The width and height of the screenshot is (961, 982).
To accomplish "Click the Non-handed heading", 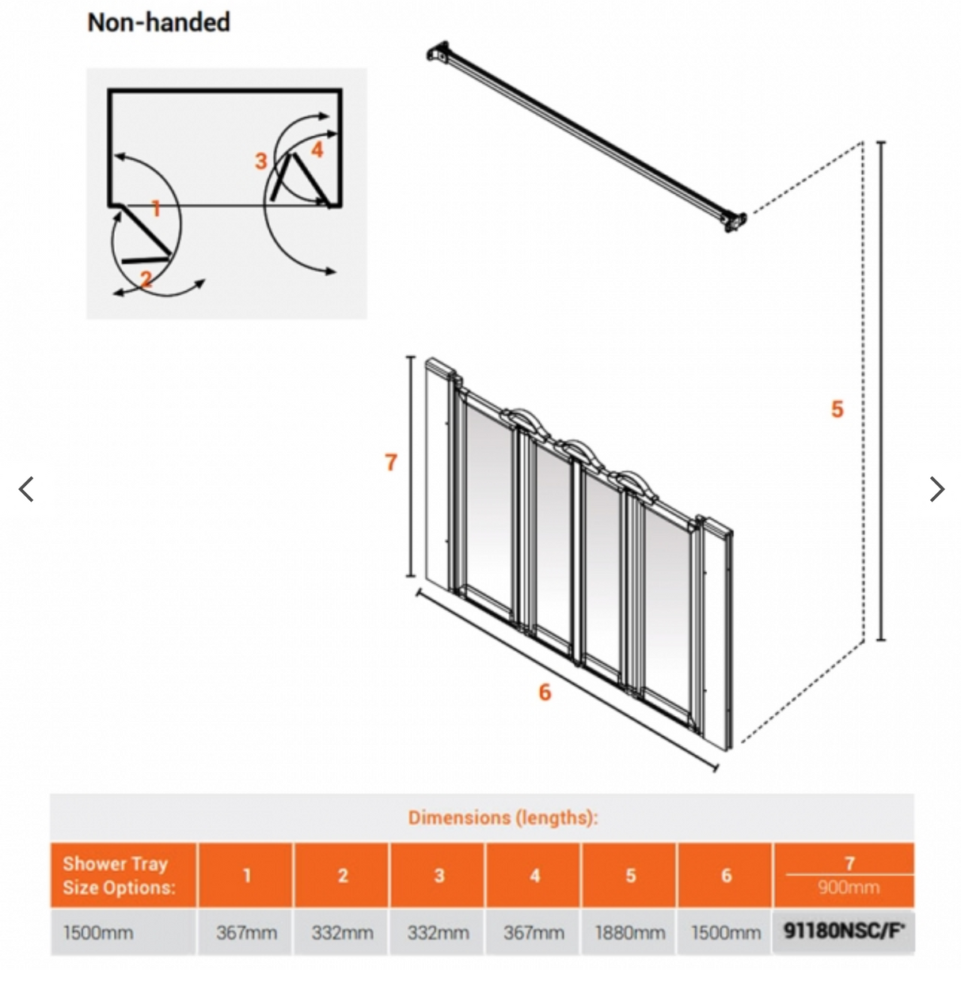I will click(x=158, y=22).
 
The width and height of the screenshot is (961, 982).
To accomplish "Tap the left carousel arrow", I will click(x=26, y=489).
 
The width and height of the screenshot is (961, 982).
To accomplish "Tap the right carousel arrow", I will click(x=936, y=489).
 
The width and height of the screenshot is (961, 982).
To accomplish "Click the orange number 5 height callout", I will click(x=837, y=409).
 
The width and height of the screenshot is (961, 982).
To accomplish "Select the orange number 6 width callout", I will click(x=545, y=692).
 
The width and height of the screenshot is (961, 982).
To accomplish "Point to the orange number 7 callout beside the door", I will click(x=390, y=462).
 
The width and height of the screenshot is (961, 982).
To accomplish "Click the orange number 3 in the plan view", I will click(x=260, y=161).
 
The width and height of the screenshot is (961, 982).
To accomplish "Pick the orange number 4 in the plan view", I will click(x=317, y=150).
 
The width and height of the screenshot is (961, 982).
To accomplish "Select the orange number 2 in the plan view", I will click(x=146, y=279).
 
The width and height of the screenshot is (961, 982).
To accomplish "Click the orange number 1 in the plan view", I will click(x=156, y=209).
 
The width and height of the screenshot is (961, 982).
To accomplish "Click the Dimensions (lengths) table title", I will click(x=503, y=817).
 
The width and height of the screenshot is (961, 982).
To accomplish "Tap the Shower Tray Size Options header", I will click(x=120, y=875).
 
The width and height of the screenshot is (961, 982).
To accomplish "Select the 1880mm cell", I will click(x=629, y=933).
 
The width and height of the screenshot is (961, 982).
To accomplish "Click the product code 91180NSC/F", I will click(x=844, y=931).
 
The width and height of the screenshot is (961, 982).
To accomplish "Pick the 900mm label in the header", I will click(x=848, y=888).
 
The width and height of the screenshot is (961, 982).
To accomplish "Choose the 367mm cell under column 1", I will click(x=246, y=933).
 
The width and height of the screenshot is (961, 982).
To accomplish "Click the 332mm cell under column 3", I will click(x=438, y=933).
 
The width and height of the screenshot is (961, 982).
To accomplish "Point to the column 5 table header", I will click(x=630, y=875).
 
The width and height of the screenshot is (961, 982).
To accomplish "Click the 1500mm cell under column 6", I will click(x=725, y=933).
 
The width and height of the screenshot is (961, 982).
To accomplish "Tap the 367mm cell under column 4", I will click(x=534, y=933).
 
